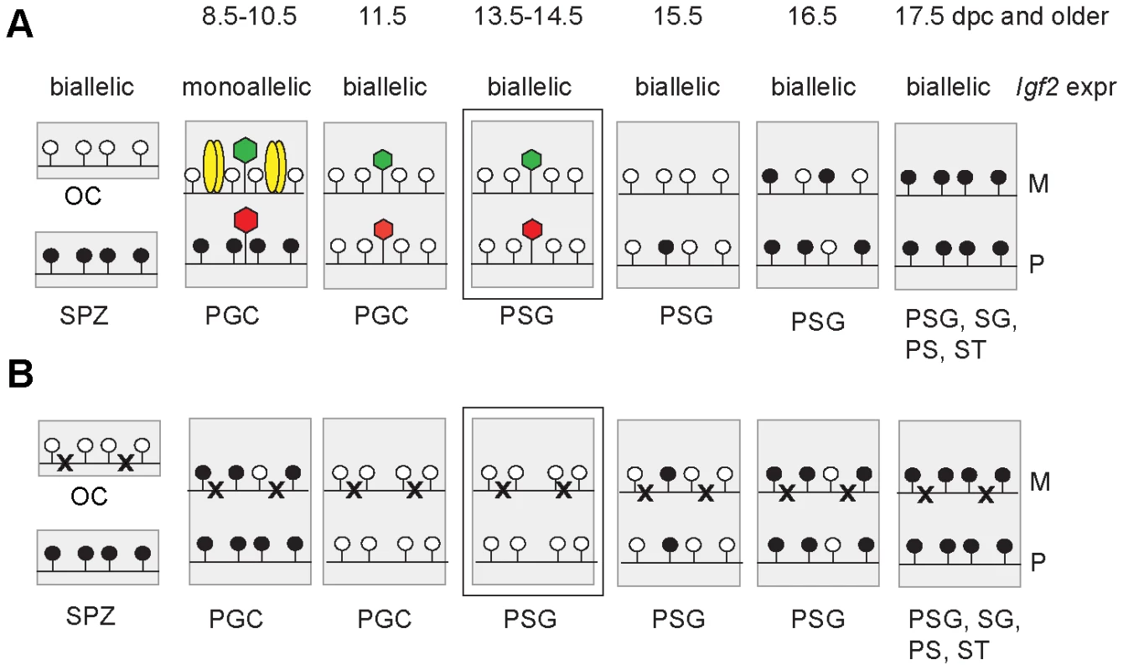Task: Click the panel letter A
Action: click(19, 25)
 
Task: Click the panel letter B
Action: click(21, 375)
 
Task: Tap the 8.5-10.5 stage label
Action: click(249, 16)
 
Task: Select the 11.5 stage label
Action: click(382, 16)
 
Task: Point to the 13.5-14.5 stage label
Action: click(529, 16)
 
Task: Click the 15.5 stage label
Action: click(678, 16)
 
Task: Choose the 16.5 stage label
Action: click(812, 16)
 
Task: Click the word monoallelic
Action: click(246, 87)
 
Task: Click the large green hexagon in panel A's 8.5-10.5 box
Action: click(246, 149)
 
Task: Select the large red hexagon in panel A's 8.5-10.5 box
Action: click(246, 219)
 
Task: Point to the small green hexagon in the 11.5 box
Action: click(382, 159)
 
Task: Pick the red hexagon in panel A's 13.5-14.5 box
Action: click(532, 229)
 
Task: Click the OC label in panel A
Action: click(83, 196)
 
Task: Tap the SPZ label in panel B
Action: click(91, 616)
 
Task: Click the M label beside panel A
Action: click(1038, 183)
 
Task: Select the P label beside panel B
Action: click(1038, 563)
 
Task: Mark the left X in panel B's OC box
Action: click(65, 463)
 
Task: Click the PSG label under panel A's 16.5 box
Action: click(818, 322)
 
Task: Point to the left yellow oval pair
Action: click(213, 167)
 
